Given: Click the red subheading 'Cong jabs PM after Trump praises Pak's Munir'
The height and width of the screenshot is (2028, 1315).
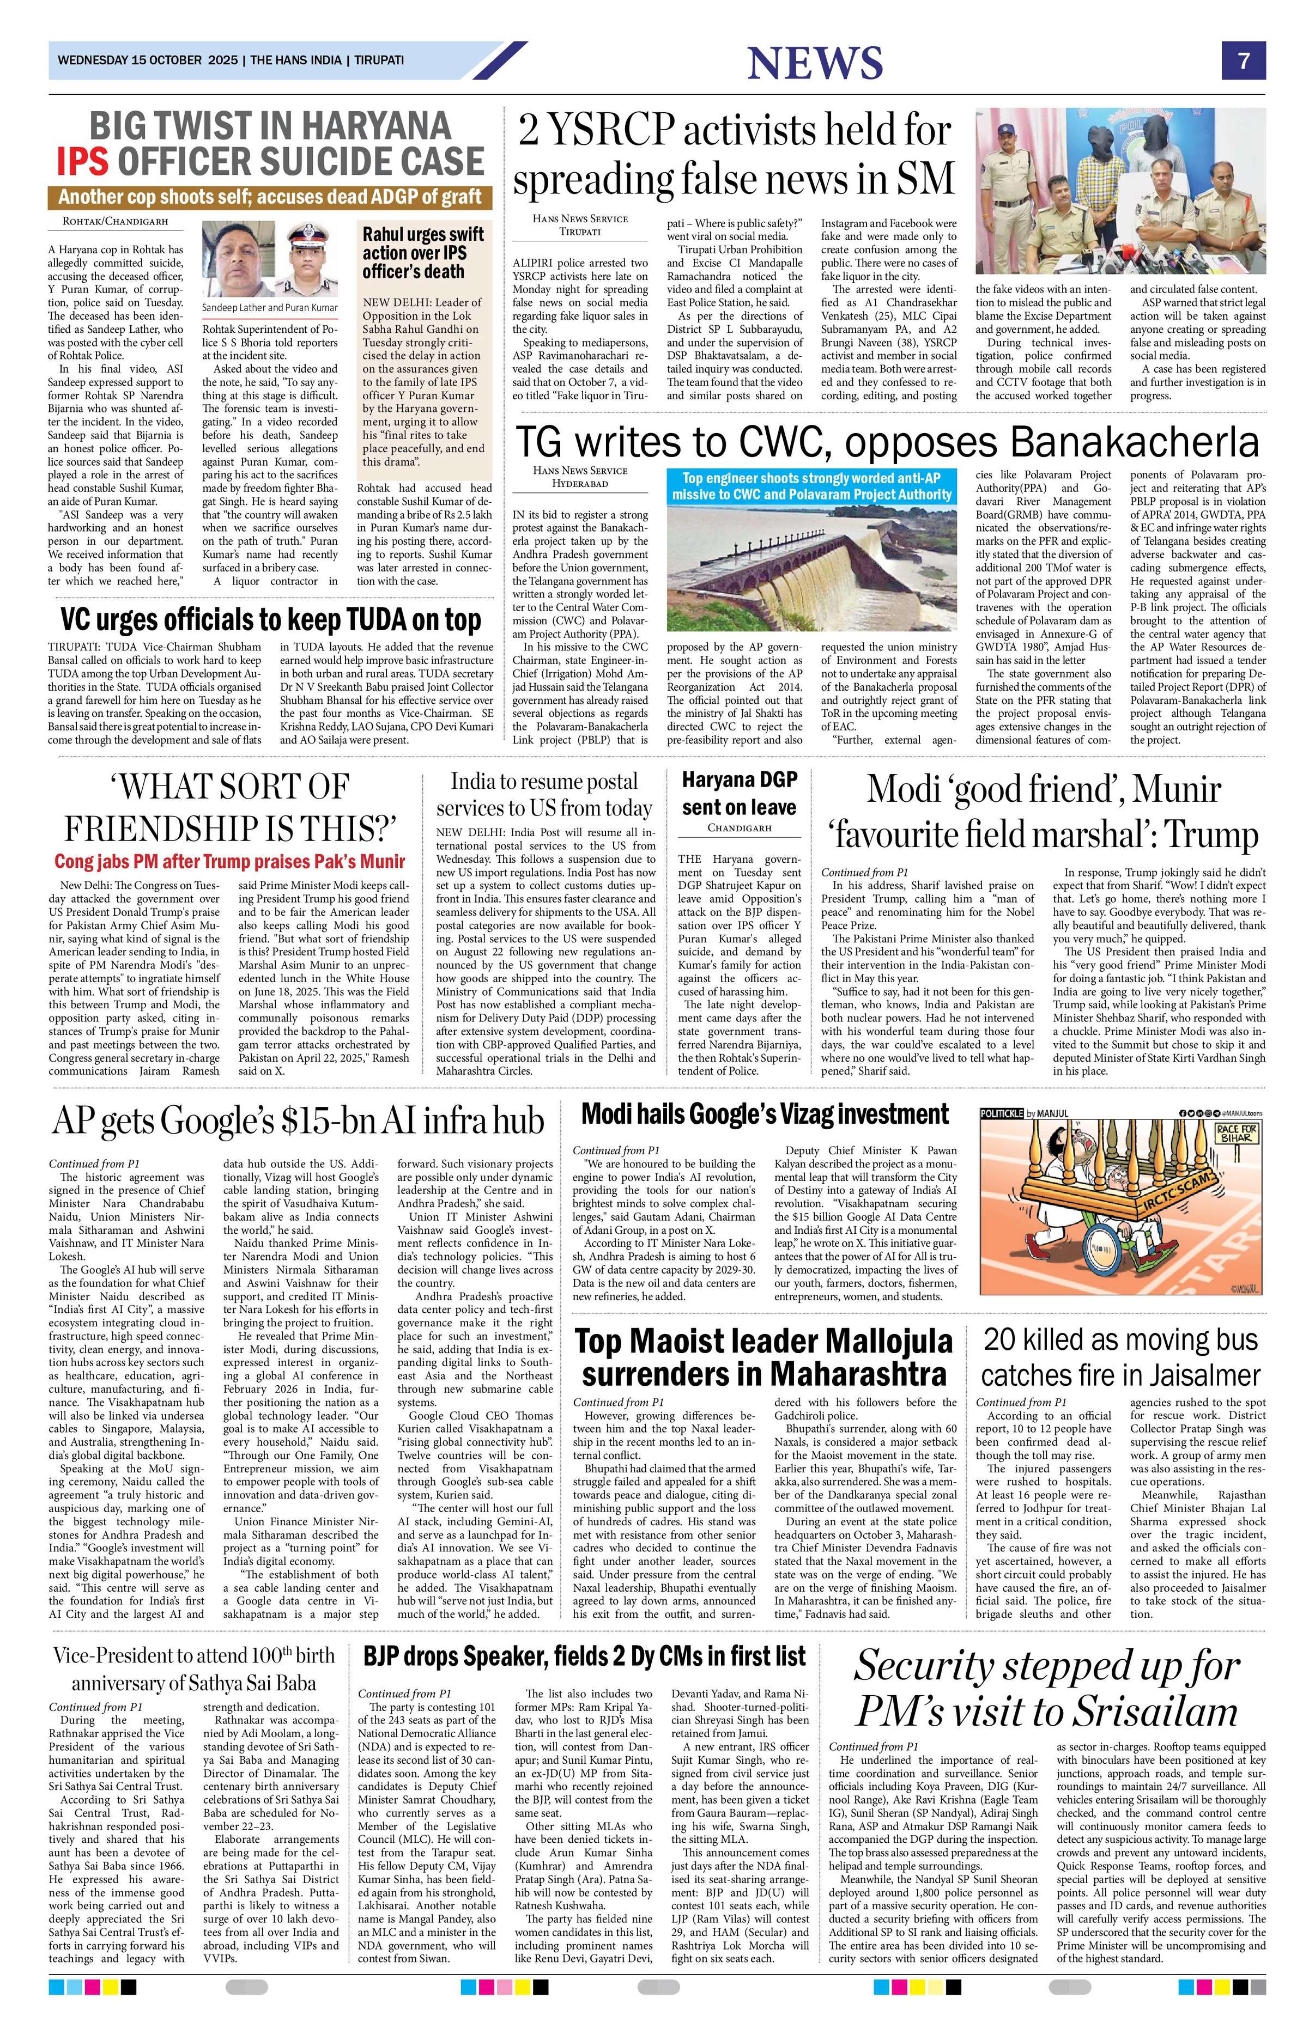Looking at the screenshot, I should pos(229,861).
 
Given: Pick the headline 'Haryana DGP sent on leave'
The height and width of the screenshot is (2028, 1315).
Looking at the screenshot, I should pos(738,793).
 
